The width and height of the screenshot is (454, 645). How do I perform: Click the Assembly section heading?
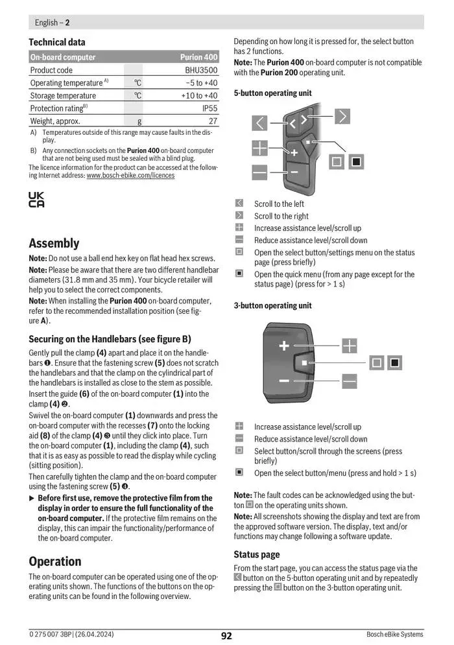point(54,243)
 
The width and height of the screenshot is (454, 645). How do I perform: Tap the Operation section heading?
point(55,561)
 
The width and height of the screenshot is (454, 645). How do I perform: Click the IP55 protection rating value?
point(209,108)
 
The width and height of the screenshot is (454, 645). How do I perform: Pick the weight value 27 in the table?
point(213,121)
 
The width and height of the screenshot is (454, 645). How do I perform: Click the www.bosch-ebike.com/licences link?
point(130,175)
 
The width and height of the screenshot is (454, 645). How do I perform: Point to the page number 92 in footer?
point(226,635)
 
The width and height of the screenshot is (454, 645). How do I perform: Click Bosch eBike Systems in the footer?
point(394,635)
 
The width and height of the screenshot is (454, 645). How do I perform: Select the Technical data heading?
point(57,42)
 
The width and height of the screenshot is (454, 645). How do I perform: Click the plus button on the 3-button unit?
point(284,346)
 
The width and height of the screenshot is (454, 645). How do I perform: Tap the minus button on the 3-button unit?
point(284,381)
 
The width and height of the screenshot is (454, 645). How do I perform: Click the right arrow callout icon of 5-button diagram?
point(342,116)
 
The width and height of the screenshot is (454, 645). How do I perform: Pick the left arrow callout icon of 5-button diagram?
point(259,123)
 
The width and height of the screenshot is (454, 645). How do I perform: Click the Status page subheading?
point(257,554)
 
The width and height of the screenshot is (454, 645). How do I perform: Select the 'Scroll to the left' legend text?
point(279,204)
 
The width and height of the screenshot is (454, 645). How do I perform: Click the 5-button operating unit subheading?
point(272,93)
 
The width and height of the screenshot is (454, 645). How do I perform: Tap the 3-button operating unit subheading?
point(272,305)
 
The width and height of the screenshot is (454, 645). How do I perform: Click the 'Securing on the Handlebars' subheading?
point(110,339)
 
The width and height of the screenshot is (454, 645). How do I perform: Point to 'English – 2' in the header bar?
point(52,22)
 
